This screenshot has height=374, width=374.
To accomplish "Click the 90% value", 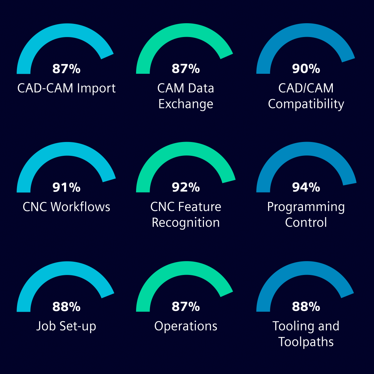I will tap(306, 69).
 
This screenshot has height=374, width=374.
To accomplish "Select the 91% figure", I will tap(66, 187).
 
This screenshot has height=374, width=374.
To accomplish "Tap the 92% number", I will tap(186, 187).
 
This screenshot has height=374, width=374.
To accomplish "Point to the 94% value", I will tap(306, 187).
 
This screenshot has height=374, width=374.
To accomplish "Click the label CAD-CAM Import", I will tap(66, 88).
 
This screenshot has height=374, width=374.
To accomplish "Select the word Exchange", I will tap(186, 104).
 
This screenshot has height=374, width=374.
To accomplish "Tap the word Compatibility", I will tap(306, 104).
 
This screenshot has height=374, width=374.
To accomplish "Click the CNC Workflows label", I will tap(66, 207).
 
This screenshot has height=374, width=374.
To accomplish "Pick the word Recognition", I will tap(186, 223).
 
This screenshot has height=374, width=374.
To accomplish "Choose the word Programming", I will tap(306, 207).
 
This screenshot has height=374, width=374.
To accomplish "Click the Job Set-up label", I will tap(66, 326).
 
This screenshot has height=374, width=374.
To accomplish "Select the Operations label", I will tap(186, 326).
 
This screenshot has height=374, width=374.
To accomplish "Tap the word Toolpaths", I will tap(306, 342).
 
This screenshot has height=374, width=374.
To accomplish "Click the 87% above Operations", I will tap(186, 306).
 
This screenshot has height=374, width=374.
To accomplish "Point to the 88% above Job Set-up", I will tap(66, 306).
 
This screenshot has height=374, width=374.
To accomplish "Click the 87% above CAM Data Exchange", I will tap(186, 69).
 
